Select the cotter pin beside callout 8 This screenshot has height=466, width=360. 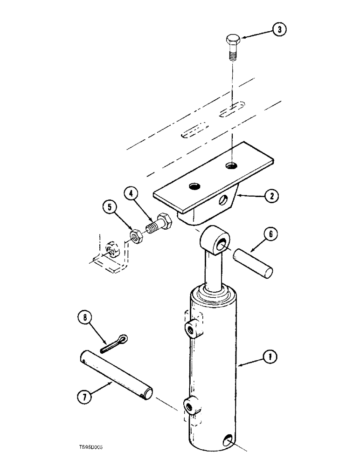pyautogui.click(x=113, y=343)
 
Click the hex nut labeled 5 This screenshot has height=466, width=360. pyautogui.click(x=137, y=235)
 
